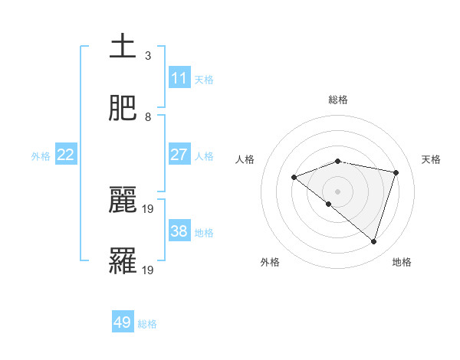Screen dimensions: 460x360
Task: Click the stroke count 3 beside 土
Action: point(148,55)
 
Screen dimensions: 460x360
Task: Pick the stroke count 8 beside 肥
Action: point(148,117)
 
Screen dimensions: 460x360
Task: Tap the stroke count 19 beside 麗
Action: point(149,208)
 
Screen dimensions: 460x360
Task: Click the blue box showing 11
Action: point(179,77)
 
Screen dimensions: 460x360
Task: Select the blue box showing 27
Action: point(179,155)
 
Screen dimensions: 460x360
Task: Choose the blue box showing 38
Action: point(179,231)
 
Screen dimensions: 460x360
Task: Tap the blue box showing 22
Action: point(66,155)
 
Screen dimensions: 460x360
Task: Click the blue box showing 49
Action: point(123,322)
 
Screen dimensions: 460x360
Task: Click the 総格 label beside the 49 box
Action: point(147,324)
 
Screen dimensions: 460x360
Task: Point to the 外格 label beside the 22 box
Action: point(41,156)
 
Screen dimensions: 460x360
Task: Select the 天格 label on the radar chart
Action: point(431,159)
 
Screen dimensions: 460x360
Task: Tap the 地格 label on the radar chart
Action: point(402,262)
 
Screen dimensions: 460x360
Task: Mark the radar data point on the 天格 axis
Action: point(396,172)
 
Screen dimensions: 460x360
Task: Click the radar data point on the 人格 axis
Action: point(294,178)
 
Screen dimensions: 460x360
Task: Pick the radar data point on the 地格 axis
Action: point(374,242)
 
